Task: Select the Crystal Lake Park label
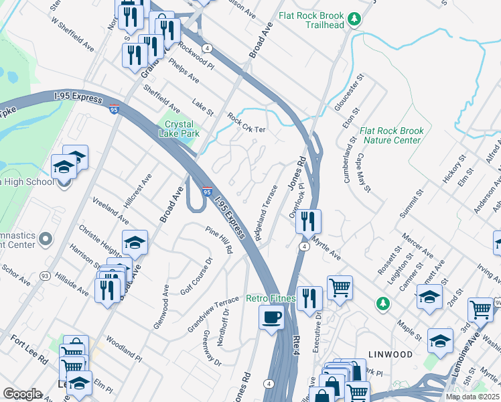click(x=177, y=129)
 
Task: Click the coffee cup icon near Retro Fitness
click(x=271, y=318)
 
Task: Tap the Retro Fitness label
click(x=271, y=298)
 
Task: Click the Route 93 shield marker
click(x=45, y=275)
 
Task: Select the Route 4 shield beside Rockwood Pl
click(x=208, y=48)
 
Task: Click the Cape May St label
click(x=364, y=172)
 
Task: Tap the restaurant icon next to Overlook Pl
click(x=308, y=221)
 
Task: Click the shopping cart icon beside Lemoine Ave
click(x=480, y=310)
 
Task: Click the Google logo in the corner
click(x=21, y=393)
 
